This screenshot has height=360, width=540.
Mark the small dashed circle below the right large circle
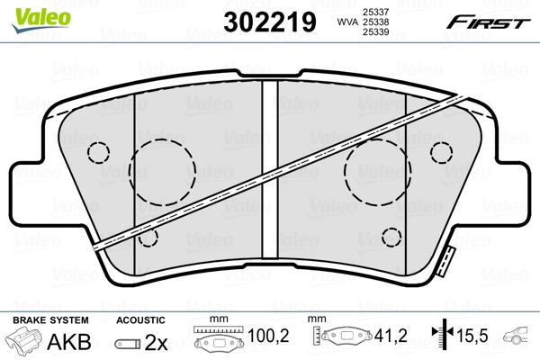(x=391, y=238)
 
